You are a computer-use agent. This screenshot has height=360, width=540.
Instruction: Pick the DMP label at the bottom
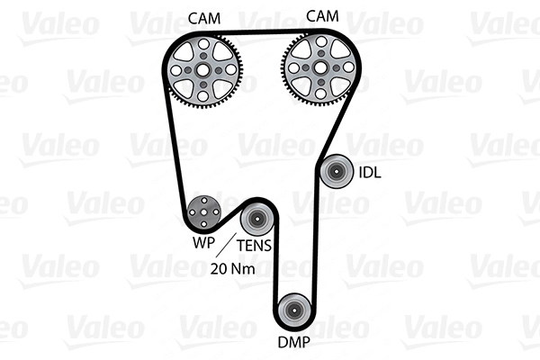(294, 342)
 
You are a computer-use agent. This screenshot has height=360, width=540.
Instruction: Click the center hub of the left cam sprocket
(204, 68)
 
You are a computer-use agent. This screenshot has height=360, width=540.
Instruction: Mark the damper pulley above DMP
(293, 310)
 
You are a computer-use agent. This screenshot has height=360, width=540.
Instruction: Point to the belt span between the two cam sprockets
(262, 35)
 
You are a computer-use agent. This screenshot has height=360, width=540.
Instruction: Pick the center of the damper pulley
(293, 310)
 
